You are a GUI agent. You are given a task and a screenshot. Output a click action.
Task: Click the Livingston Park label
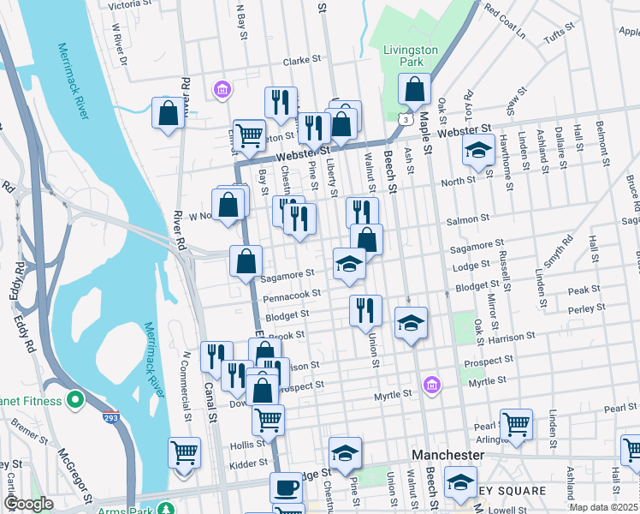pos(410,56)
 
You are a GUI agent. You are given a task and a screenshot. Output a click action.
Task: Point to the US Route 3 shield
pos(402,121)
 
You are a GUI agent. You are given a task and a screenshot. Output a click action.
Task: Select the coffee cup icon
pos(286,487)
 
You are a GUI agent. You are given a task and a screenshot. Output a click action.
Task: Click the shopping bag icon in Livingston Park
pos(415,89)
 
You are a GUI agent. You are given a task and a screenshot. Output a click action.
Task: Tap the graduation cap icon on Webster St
pos(477,151)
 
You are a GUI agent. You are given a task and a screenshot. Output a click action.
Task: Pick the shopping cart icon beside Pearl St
pos(517,423)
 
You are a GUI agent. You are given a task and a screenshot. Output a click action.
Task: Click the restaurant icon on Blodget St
pos(365,309)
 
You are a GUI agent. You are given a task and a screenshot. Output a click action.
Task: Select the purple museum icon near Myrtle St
pos(432,384)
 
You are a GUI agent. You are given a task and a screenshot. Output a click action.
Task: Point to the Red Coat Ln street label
pos(504,21)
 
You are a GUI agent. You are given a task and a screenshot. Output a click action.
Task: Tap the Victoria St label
pos(130,5)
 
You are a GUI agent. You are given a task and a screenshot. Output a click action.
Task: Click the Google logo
pos(29,504)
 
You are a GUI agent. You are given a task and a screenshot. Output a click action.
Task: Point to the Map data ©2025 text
pos(603,507)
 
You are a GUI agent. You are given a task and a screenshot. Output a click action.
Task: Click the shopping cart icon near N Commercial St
pos(185,453)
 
